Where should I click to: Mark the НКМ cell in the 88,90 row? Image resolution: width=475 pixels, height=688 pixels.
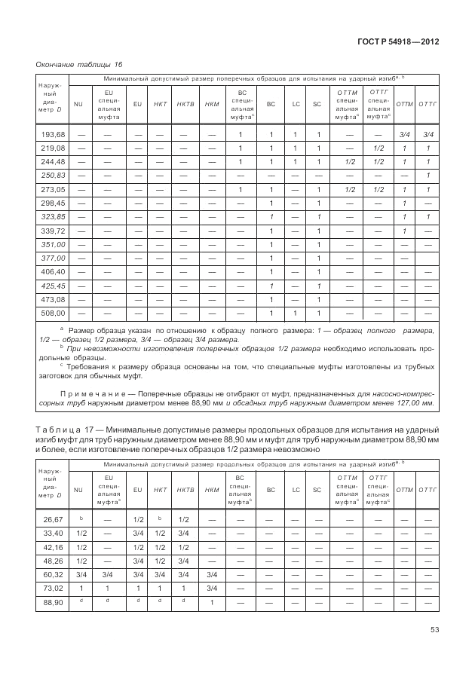click(x=212, y=602)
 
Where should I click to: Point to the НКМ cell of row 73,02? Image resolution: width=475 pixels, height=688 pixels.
click(x=212, y=589)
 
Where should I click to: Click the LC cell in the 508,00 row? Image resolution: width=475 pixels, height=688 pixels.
click(x=297, y=312)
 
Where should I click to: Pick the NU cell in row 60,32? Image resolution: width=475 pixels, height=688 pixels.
click(x=80, y=574)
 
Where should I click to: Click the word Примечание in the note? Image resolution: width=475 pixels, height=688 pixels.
click(x=92, y=393)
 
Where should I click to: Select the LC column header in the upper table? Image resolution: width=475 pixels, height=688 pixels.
click(x=297, y=103)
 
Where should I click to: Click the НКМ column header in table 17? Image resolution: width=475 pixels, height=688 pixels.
click(x=212, y=490)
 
